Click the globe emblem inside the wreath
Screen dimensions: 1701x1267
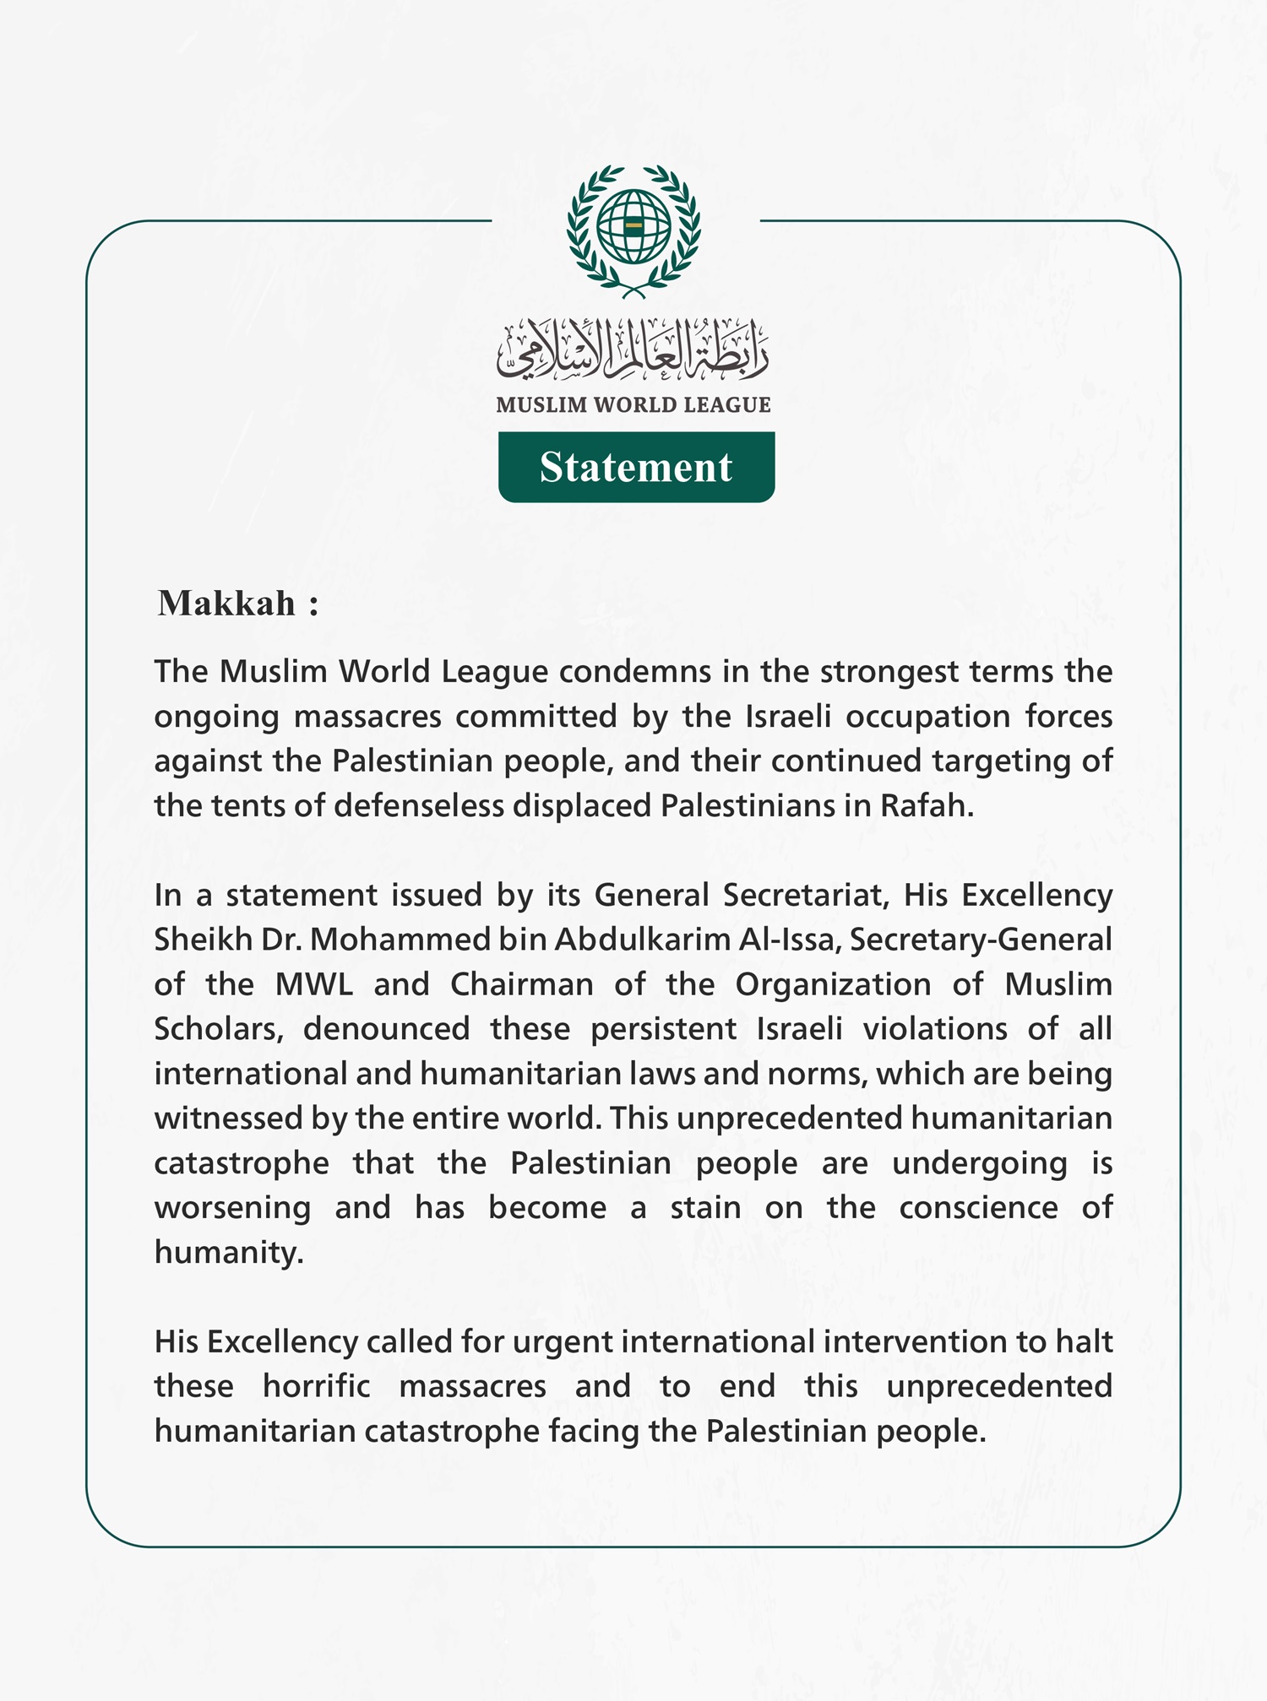click(633, 226)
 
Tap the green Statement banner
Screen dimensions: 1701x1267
click(636, 467)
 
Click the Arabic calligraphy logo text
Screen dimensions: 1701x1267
click(633, 349)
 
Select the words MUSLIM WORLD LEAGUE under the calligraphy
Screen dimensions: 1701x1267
click(633, 405)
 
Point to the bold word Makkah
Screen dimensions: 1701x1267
click(226, 604)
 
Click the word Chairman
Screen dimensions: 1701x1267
click(521, 984)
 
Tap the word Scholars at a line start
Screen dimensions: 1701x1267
click(216, 1029)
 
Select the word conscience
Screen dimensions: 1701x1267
click(978, 1207)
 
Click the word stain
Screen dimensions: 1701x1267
click(705, 1207)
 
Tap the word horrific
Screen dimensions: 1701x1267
click(316, 1387)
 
